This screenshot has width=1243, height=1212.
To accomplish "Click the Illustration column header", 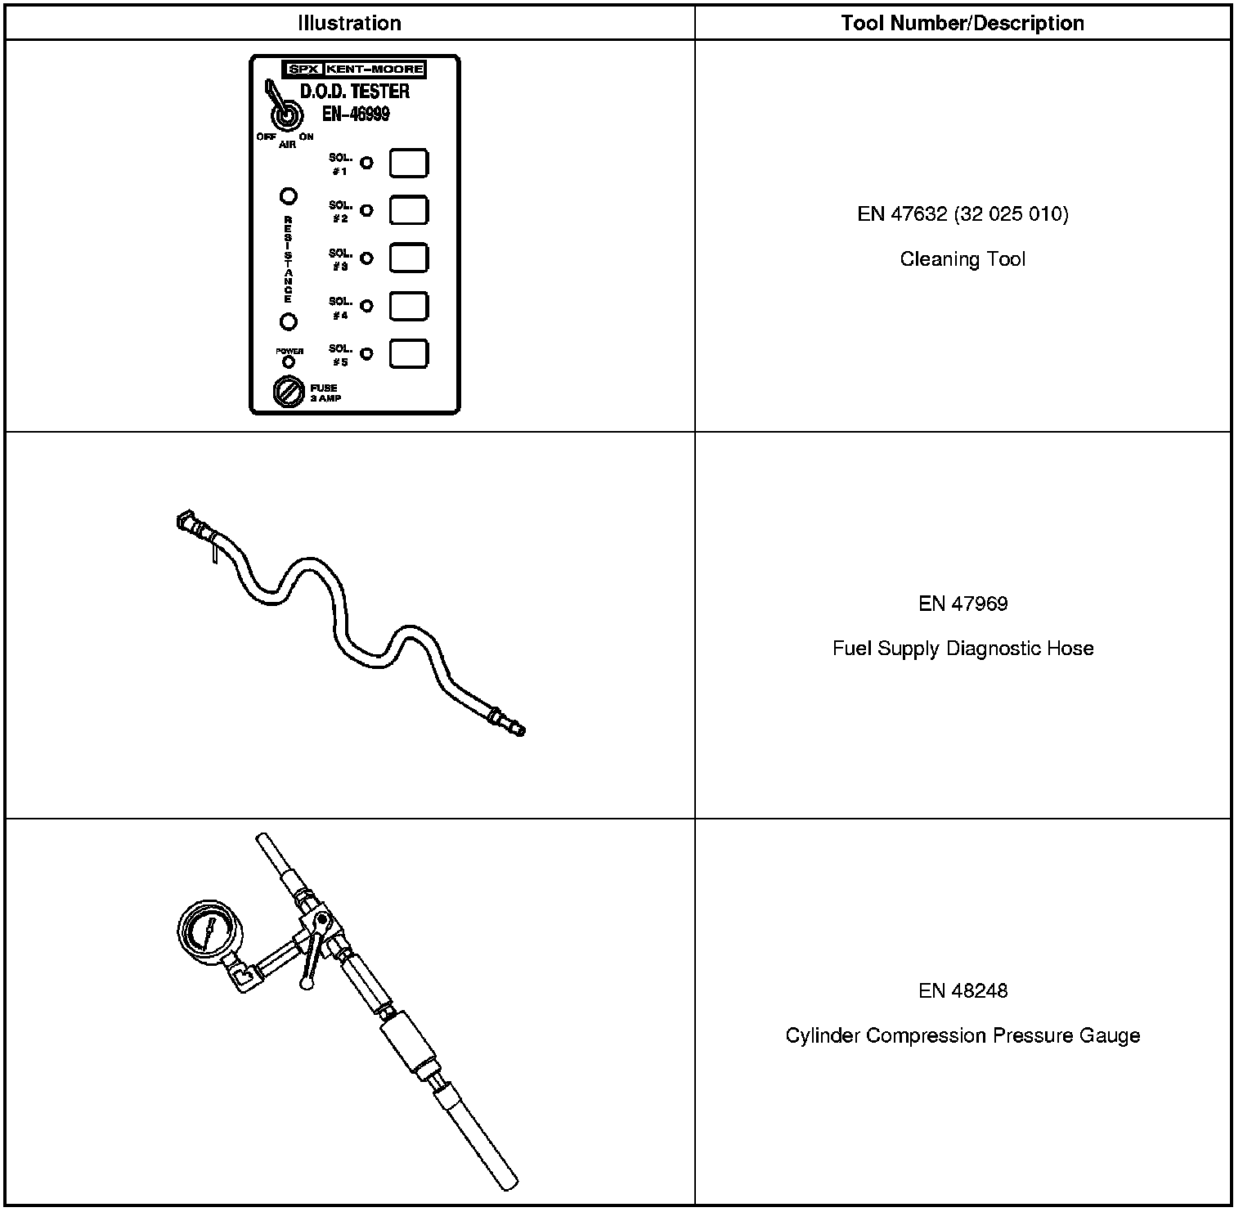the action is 349,23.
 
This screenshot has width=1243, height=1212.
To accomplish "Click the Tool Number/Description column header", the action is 963,23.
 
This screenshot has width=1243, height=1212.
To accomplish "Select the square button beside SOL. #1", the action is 408,163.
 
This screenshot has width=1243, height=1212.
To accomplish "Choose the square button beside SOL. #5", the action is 408,354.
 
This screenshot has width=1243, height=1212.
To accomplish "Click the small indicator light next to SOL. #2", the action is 367,211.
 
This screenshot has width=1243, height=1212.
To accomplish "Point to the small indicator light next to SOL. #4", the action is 367,307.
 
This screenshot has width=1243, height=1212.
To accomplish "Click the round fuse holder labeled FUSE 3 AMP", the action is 288,392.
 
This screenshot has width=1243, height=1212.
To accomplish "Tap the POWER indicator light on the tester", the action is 289,361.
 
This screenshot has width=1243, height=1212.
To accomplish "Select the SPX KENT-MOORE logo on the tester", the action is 353,70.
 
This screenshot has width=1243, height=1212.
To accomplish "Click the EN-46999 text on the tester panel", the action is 355,114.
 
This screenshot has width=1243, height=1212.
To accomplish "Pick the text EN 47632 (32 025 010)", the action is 963,214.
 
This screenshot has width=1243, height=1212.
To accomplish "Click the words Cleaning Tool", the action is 963,259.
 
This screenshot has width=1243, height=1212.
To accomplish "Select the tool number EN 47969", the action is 963,604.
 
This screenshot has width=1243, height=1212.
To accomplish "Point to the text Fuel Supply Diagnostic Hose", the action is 963,649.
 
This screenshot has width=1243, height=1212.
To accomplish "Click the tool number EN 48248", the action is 963,990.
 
